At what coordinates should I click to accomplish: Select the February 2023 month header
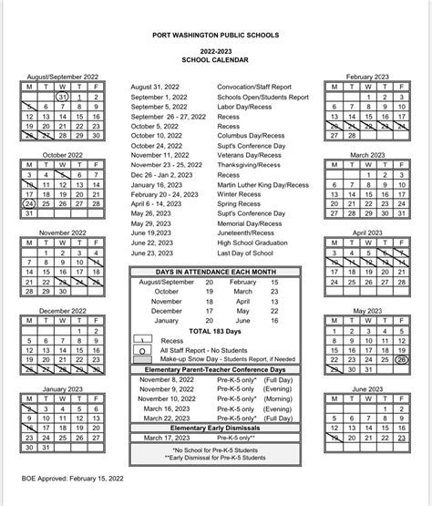(369, 78)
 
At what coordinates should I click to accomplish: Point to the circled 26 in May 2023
(402, 359)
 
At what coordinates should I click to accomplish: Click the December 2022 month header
(62, 311)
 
